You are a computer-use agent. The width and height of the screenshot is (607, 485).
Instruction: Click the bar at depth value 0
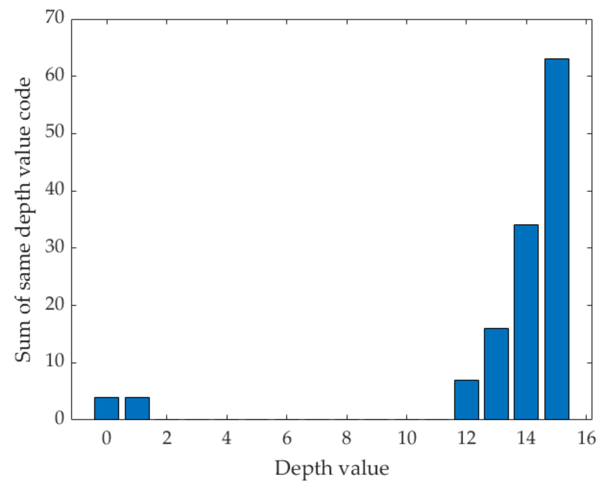coord(106,408)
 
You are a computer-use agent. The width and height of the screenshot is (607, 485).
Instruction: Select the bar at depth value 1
coord(137,408)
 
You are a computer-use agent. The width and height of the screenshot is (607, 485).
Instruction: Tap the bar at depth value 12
coord(466,399)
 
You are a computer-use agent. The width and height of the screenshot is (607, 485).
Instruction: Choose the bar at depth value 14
coord(526,322)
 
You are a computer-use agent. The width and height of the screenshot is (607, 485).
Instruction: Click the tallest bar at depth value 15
coord(557,239)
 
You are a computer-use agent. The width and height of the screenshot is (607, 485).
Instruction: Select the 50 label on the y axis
coord(55,133)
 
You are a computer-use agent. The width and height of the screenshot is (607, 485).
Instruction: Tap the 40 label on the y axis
coord(55,190)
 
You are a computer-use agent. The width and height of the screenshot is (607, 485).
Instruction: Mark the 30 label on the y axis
coord(55,248)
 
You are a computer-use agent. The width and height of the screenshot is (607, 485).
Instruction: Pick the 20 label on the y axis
coord(55,305)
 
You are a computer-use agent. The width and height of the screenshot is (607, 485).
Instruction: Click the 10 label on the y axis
coord(55,362)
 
